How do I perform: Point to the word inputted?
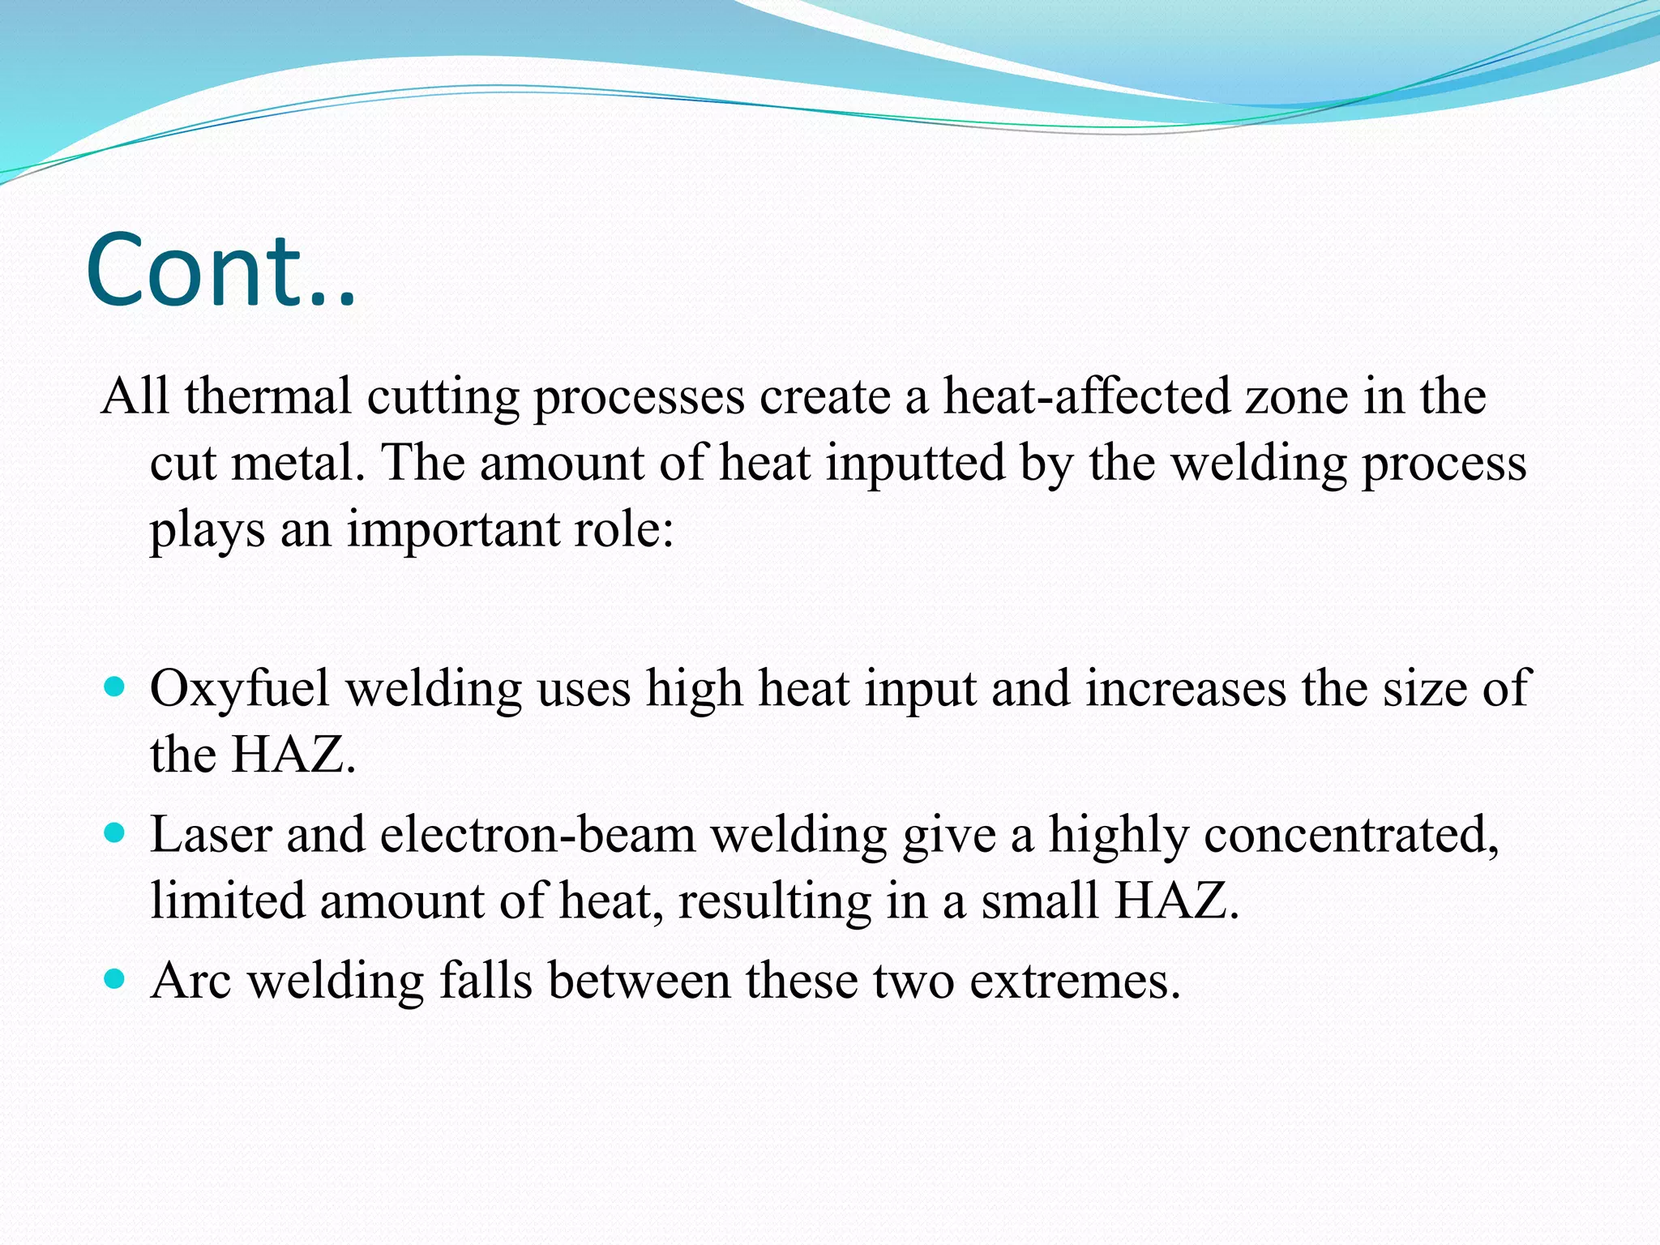915,464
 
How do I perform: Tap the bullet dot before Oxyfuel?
116,687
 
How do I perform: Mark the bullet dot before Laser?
116,832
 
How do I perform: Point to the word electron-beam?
537,835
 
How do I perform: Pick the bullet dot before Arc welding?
116,979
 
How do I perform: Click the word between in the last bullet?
640,981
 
